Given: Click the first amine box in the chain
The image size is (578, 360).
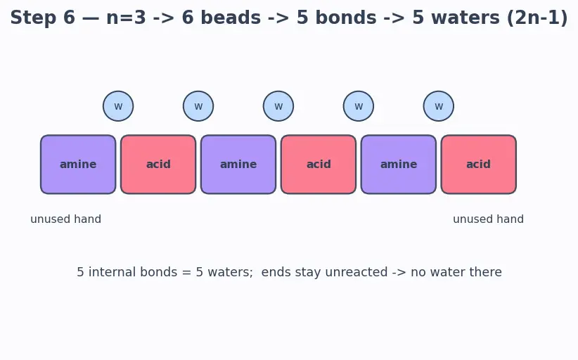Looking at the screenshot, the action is point(78,165).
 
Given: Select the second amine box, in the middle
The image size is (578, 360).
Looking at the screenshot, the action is point(238,165).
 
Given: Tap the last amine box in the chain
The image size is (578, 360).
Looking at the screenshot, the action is point(399,165).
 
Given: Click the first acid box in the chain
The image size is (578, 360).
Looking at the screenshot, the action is point(158,165).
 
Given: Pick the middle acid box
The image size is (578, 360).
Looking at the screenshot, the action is point(319,165).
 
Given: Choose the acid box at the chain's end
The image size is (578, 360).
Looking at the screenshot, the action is point(478,165).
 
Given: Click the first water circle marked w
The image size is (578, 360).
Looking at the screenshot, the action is point(118,106).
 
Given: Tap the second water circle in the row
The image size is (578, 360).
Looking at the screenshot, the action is point(198,106).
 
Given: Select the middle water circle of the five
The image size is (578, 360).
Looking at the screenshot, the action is point(278,106).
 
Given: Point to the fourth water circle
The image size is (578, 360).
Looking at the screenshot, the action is point(359,106).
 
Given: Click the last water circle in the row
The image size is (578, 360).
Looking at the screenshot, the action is point(439,106).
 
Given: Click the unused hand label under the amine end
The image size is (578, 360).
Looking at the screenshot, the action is point(65,219).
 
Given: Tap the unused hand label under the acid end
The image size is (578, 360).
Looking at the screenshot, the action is point(489,219).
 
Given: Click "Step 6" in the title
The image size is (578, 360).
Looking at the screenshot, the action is point(43,18).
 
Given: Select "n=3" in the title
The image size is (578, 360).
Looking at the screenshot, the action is point(126,18).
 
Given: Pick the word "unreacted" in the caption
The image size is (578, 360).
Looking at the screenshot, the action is point(356,272).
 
